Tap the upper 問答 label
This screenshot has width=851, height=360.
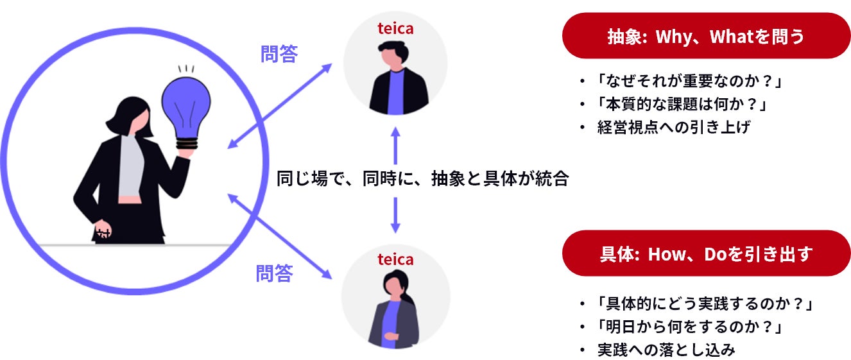tap(279, 54)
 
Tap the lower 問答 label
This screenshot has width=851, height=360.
tap(274, 273)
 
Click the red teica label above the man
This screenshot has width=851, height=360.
tap(395, 29)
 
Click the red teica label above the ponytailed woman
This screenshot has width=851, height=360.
tap(395, 260)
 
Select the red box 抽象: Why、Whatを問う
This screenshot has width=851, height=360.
tap(706, 36)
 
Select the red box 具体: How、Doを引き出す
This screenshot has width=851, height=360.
tap(706, 253)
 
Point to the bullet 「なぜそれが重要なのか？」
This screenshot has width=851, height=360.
tap(691, 81)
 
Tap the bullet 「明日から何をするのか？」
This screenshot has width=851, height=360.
tap(691, 327)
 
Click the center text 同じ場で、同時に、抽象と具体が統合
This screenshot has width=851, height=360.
tap(422, 178)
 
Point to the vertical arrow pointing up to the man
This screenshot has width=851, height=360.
tap(396, 144)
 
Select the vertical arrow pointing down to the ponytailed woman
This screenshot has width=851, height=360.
tap(396, 214)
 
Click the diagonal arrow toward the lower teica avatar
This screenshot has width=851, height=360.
tap(280, 237)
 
